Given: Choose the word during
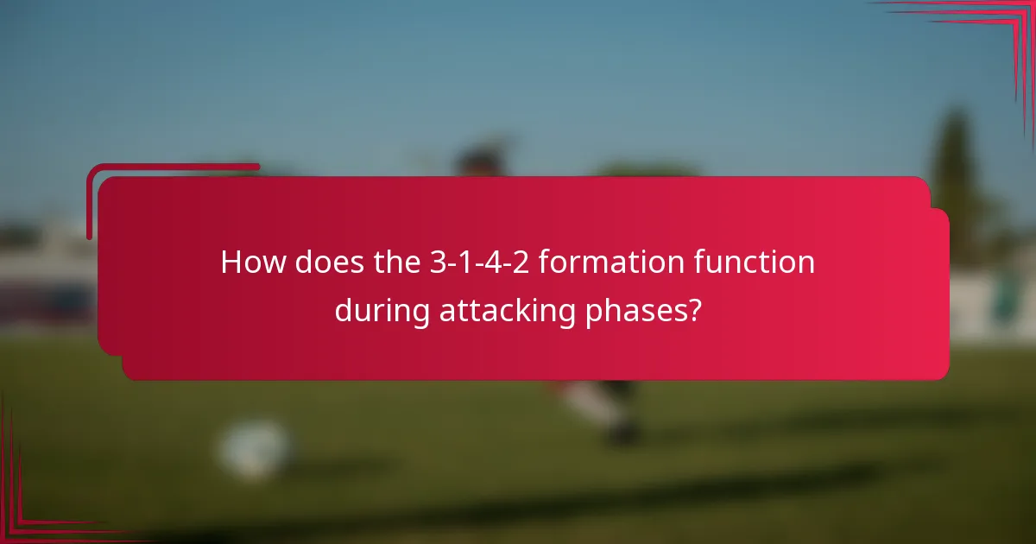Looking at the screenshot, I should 382,311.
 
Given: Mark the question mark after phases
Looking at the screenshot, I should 692,311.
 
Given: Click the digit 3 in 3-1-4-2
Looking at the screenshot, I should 438,263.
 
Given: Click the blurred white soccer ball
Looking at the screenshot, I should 253,450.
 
